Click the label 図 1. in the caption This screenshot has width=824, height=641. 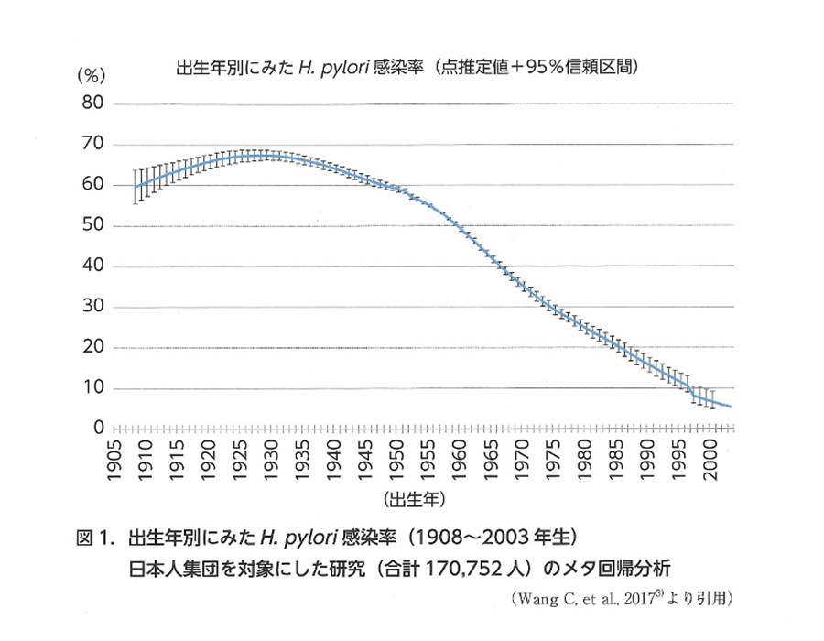pyautogui.click(x=96, y=536)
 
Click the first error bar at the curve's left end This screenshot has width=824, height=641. pyautogui.click(x=136, y=187)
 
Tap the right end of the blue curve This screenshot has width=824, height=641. pyautogui.click(x=730, y=407)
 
